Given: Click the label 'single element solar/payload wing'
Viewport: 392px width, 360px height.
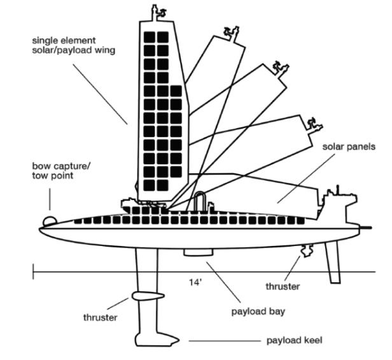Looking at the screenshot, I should coord(74,45).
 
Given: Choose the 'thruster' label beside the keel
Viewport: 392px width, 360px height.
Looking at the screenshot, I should coord(100,317).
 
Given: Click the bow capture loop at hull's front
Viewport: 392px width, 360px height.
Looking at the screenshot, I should coord(50,220).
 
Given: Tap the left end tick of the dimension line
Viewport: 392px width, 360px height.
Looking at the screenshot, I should coord(34,272).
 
